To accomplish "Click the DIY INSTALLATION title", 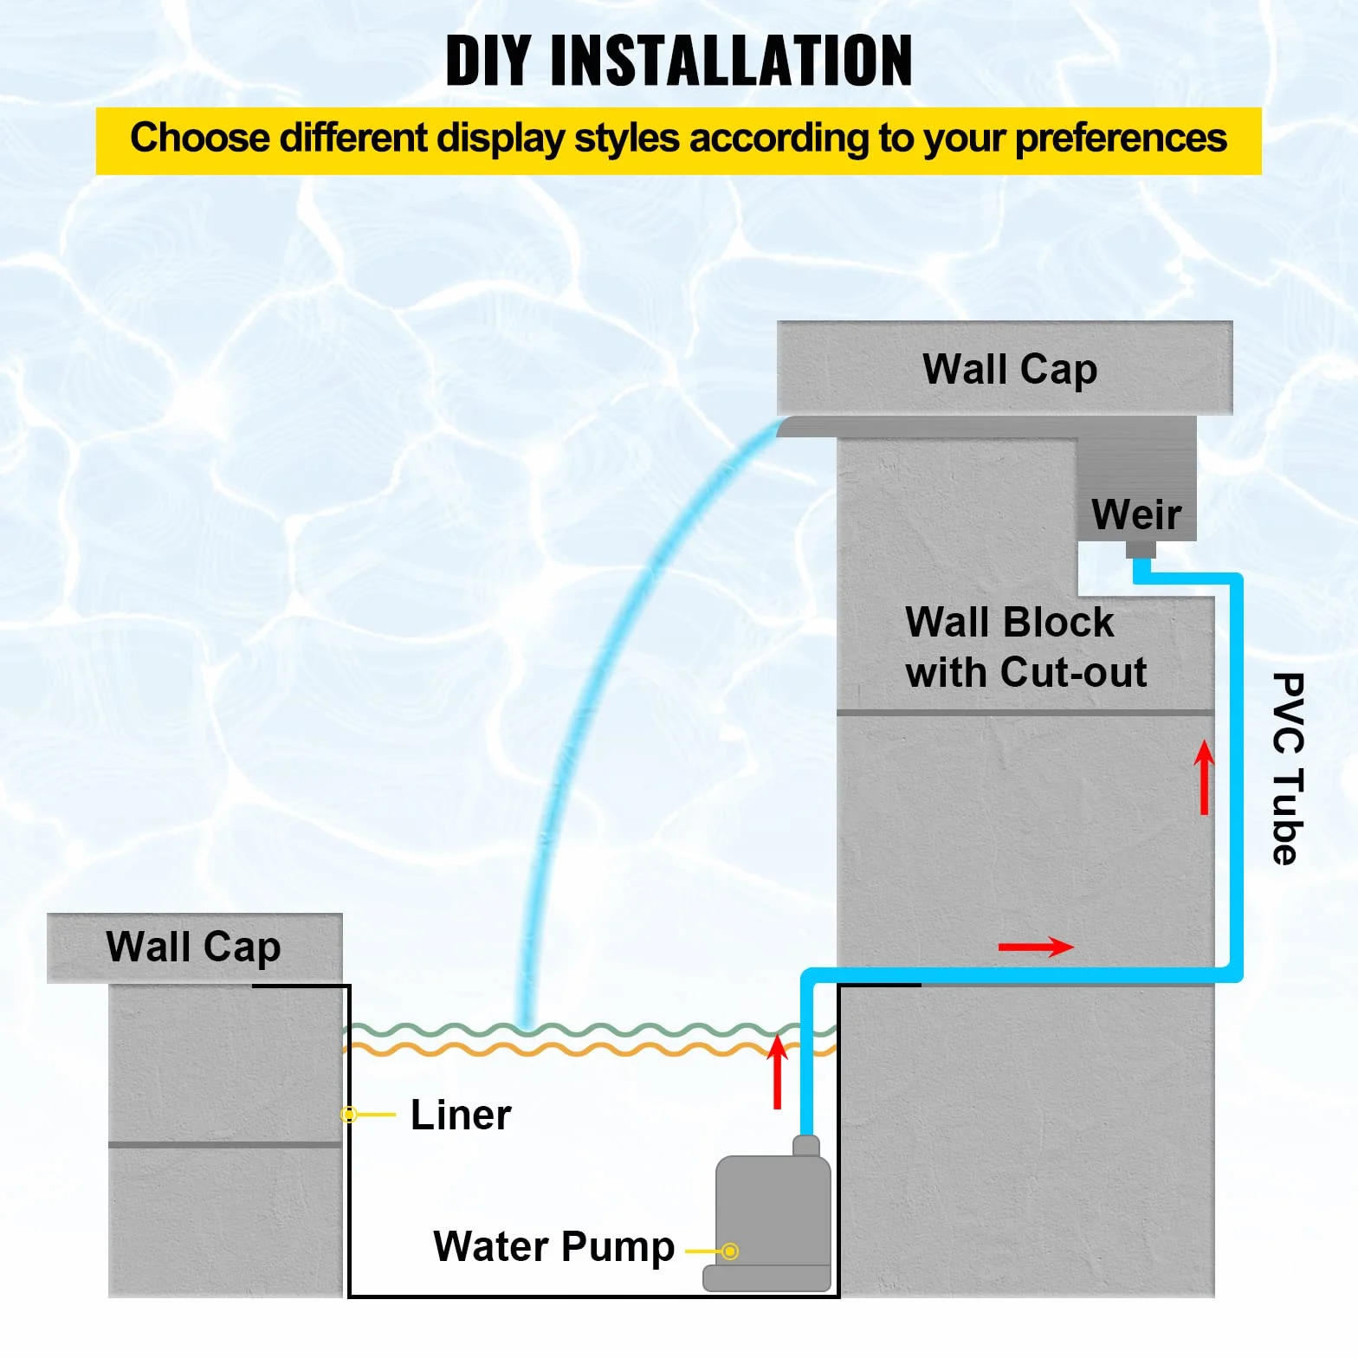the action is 679,61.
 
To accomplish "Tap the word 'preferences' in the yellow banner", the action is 1121,139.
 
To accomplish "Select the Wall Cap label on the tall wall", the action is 1010,370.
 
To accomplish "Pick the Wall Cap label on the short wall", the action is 193,947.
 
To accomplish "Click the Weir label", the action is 1136,514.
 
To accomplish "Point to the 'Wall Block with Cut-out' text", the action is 1026,647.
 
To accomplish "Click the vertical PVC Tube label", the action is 1288,768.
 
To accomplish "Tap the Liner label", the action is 461,1115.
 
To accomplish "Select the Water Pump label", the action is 554,1247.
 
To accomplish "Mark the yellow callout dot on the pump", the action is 731,1251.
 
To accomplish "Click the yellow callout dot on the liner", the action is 349,1115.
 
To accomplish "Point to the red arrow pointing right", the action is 1036,947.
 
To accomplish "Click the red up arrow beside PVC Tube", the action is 1204,777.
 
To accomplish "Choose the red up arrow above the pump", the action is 778,1072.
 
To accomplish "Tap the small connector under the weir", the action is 1141,549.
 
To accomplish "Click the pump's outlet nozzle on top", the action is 806,1146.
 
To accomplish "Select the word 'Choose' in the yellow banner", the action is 200,139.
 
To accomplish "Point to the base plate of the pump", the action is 767,1278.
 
